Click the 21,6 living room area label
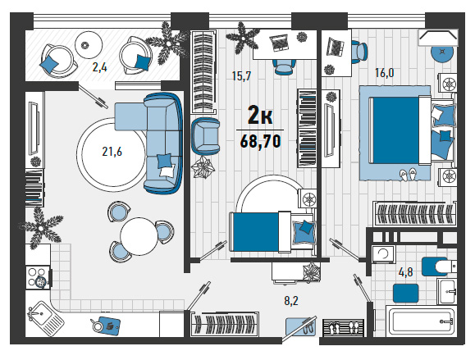click(112, 152)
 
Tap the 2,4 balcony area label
click(99, 67)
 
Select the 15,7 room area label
click(241, 76)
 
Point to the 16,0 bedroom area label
click(385, 73)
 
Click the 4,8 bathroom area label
click(405, 272)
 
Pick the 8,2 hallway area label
click(291, 301)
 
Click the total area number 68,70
click(261, 141)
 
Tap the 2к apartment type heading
click(260, 116)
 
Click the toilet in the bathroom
click(439, 267)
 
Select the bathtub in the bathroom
click(422, 321)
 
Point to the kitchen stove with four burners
click(38, 276)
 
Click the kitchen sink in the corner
click(45, 318)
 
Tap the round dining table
click(139, 236)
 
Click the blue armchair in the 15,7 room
click(206, 137)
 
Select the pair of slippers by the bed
click(408, 175)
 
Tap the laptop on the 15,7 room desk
click(279, 42)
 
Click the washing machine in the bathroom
click(383, 253)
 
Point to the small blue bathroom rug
click(406, 293)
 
